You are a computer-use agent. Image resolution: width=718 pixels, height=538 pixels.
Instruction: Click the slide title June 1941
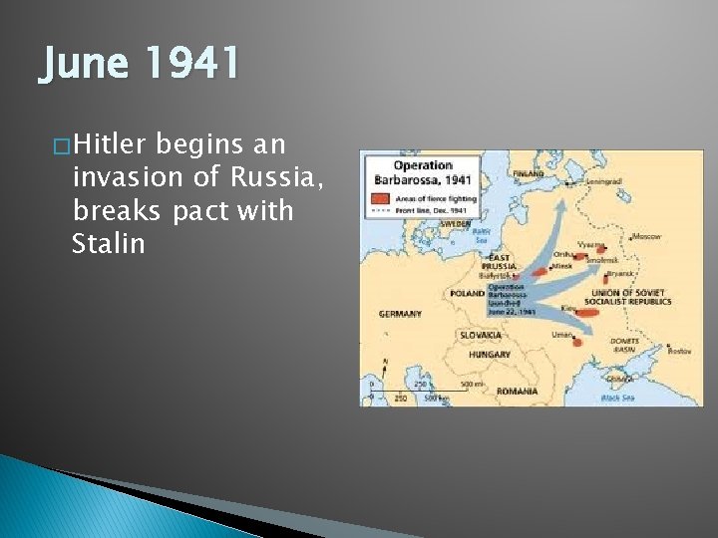coord(140,64)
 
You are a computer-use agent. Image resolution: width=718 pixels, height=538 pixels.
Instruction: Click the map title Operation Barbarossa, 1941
coord(423,172)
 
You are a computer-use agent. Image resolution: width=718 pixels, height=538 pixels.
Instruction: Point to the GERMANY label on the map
coord(399,314)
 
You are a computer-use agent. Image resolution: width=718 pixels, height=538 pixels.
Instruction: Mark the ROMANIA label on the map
coord(517,392)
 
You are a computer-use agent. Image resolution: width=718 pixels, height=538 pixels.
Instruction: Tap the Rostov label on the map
coord(680,351)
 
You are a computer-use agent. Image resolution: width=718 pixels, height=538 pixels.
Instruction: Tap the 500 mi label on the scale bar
coord(473,384)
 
